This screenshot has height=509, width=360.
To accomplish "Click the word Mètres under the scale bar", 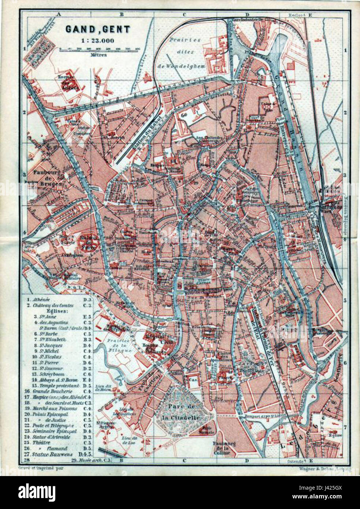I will [x=97, y=55].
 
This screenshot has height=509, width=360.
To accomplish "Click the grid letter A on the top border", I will [x=58, y=15].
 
